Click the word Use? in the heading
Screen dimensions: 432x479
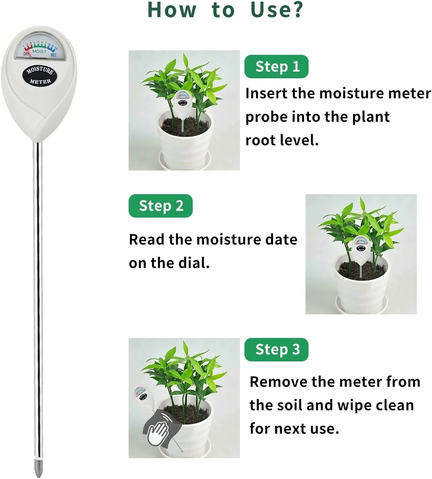click(277, 10)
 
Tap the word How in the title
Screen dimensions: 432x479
click(172, 10)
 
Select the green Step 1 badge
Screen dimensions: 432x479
click(276, 66)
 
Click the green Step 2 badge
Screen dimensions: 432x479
click(160, 206)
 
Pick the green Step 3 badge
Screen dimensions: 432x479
click(276, 350)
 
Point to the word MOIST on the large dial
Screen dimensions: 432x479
click(39, 51)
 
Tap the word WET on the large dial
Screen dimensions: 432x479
click(54, 55)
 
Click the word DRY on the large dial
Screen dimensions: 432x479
click(26, 54)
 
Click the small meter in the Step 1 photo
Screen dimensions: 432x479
click(183, 108)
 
